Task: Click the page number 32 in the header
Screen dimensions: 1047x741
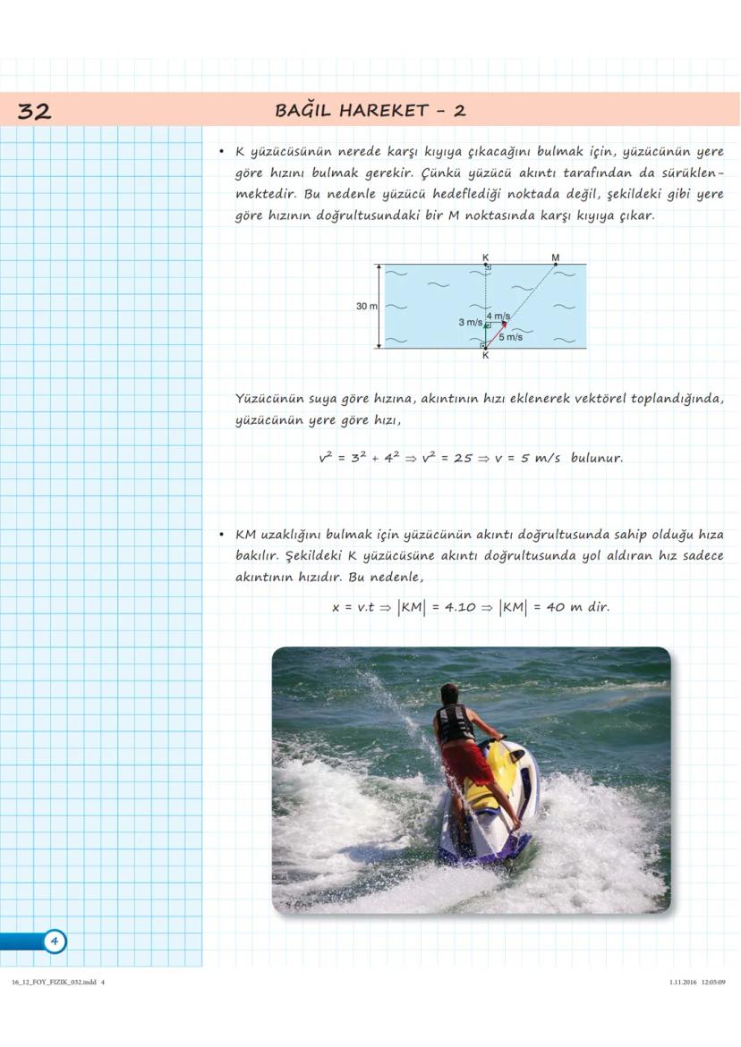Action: click(34, 111)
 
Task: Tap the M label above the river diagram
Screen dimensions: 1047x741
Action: click(556, 258)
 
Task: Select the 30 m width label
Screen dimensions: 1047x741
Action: click(366, 306)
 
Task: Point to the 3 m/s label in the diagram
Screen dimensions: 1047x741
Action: click(470, 322)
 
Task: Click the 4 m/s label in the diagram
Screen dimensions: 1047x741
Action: click(498, 317)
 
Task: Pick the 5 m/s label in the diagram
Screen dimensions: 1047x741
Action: click(511, 337)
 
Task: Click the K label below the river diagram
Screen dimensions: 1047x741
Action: click(485, 356)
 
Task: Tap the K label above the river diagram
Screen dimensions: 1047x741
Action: click(485, 258)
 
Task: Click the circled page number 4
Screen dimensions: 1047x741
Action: click(54, 941)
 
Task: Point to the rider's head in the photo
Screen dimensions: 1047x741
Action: click(449, 694)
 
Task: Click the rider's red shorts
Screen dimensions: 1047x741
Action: click(465, 763)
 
